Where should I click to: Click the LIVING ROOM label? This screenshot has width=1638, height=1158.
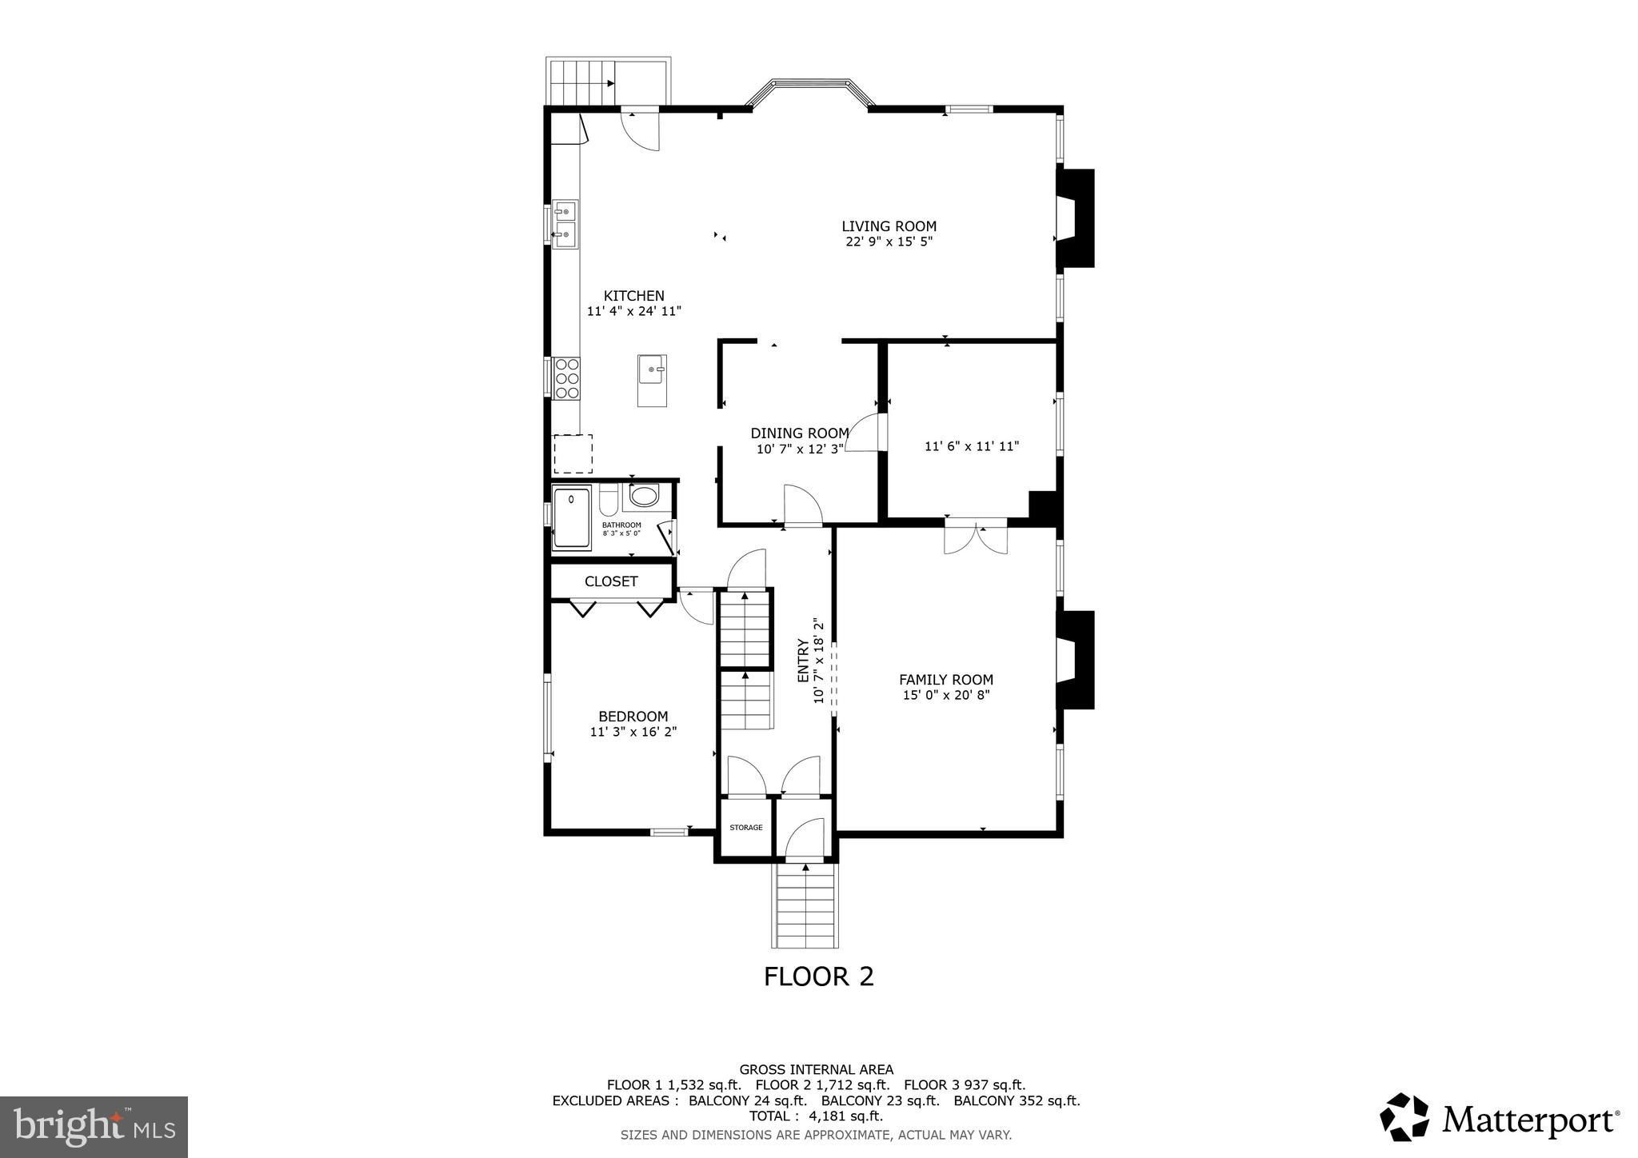889,226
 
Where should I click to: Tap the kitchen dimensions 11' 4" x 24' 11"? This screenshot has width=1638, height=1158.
633,312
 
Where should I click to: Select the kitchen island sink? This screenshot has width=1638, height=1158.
653,370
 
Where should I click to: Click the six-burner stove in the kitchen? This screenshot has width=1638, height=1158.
567,378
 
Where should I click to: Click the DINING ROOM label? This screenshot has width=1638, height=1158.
799,433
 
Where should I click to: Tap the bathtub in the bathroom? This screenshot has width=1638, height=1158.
572,517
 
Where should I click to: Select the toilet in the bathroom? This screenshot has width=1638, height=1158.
609,501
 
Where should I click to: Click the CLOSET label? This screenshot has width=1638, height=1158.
611,581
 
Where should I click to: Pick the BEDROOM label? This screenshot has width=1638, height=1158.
633,717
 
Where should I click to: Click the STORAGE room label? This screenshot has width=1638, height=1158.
745,828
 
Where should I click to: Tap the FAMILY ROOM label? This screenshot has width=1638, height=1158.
946,680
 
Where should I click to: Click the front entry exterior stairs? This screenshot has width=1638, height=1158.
806,907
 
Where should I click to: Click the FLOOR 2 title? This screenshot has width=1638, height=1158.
818,976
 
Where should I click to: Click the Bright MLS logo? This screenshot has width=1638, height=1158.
94,1127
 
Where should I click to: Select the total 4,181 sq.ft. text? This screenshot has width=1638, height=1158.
816,1116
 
